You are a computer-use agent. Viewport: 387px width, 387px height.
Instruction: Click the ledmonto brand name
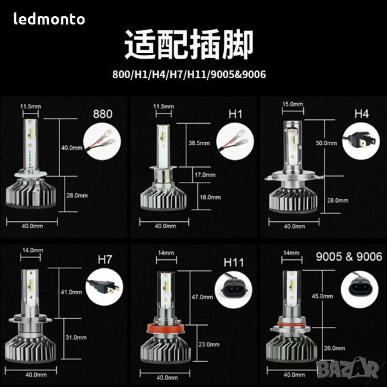[x=49, y=19]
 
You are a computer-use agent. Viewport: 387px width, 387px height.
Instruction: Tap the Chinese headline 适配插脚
[x=189, y=45]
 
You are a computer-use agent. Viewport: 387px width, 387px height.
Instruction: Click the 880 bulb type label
[x=103, y=114]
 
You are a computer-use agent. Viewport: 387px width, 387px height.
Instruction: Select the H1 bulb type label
[x=235, y=114]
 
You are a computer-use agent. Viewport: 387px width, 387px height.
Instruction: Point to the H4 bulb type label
[x=362, y=114]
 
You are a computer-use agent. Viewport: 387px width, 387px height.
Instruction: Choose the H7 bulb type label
[x=105, y=260]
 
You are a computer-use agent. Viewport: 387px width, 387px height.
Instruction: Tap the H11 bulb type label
[x=233, y=263]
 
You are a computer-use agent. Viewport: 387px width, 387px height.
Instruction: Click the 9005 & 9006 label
[x=349, y=257]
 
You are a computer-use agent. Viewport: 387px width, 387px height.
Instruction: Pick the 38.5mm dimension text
[x=199, y=143]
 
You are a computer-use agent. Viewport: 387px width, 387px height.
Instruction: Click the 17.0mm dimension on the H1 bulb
[x=205, y=175]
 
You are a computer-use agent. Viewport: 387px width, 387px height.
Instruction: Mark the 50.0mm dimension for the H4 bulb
[x=326, y=143]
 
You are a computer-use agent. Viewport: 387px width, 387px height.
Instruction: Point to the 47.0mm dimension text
[x=203, y=297]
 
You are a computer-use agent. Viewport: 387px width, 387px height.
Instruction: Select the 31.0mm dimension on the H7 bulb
[x=76, y=337]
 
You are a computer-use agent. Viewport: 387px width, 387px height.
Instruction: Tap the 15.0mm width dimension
[x=293, y=104]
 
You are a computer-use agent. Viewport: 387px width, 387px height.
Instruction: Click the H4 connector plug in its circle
[x=361, y=141]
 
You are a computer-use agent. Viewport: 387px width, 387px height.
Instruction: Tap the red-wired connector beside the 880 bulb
[x=102, y=142]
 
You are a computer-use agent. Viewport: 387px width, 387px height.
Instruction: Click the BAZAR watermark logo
[x=348, y=369]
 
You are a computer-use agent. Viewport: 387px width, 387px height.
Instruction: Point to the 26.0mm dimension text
[x=335, y=348]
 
